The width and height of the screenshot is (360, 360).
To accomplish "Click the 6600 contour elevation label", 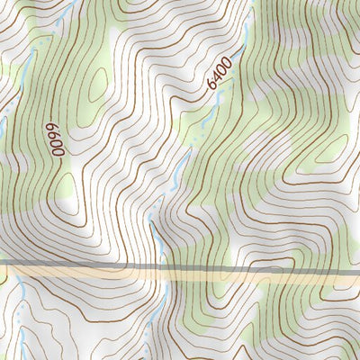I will tap(57, 139).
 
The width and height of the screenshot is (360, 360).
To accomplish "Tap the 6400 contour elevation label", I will tap(219, 74).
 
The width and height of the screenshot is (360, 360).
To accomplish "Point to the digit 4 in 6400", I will tap(217, 76).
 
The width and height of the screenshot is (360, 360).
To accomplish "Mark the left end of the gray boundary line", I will tap(2, 264).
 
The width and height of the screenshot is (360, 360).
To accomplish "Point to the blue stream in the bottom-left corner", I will tap(17, 292).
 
